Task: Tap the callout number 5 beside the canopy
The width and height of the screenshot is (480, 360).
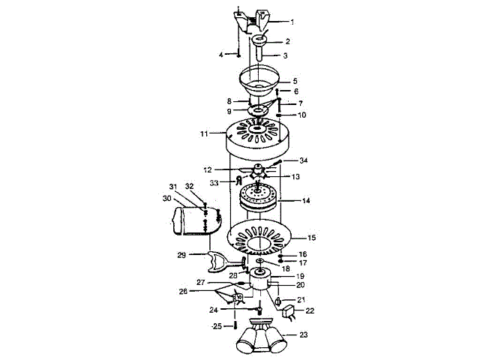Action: [295, 81]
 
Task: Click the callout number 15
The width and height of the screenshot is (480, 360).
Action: [312, 238]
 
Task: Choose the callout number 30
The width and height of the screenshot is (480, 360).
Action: [166, 199]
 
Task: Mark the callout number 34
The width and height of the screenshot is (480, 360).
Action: [304, 160]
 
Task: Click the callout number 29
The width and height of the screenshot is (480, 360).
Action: [181, 256]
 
